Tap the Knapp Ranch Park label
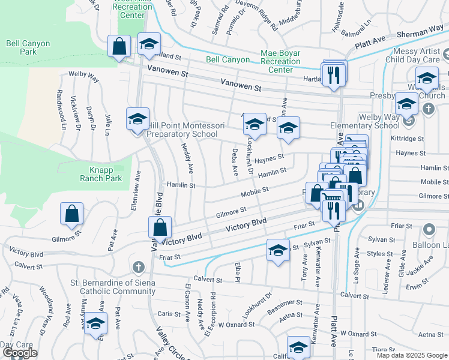click(101, 174)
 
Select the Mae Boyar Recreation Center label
click(280, 61)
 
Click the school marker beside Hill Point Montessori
click(137, 119)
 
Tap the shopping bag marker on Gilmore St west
click(71, 214)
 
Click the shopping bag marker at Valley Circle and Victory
click(160, 228)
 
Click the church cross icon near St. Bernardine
click(138, 266)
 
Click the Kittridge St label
click(424, 138)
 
